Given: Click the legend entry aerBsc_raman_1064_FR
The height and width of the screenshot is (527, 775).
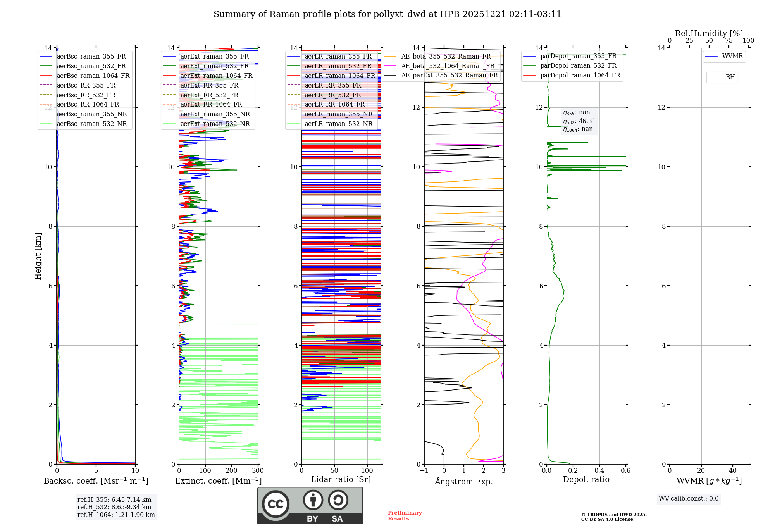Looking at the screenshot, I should point(93,76).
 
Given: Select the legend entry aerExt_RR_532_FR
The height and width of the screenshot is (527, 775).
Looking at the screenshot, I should point(209,95).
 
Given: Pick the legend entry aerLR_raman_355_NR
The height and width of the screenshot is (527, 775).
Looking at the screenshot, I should point(338,114).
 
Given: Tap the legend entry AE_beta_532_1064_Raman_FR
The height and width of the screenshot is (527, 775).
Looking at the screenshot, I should point(448,66).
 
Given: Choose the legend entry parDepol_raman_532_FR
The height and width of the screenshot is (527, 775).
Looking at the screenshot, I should point(578,66).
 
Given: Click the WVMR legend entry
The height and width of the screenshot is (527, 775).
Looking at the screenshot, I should point(732,56).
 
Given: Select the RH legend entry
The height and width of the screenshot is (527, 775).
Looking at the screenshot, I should point(730,77).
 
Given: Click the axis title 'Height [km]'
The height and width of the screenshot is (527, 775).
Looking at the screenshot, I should point(38,256).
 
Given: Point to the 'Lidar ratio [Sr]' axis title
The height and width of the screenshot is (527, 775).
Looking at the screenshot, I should point(341,479).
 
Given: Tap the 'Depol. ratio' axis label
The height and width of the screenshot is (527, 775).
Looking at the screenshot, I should point(586,479).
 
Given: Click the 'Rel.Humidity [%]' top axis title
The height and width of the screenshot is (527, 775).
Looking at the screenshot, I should point(709,33).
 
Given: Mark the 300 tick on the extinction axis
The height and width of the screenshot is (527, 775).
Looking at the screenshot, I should point(258,471).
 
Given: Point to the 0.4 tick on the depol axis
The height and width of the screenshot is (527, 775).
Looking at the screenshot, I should point(599,471).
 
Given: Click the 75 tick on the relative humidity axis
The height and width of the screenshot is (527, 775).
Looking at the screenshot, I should point(728,41).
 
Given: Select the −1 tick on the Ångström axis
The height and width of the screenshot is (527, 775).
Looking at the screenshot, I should point(424,471).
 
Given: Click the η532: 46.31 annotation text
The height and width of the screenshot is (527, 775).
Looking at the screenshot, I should point(579,121).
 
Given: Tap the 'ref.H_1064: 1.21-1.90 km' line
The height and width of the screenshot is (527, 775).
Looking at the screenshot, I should point(116,515).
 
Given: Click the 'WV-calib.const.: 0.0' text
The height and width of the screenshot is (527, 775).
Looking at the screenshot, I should point(688,499).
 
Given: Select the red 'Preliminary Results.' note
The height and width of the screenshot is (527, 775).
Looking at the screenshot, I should point(405,516).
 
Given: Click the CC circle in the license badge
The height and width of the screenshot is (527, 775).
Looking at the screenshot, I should point(276,504).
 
